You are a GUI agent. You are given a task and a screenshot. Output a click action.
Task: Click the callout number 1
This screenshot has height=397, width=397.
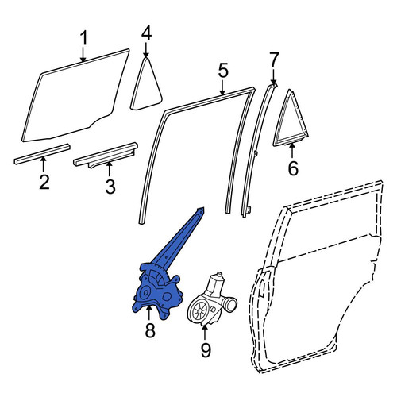(x=83, y=38)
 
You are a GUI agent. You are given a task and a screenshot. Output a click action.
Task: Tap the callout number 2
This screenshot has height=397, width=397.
(x=44, y=182)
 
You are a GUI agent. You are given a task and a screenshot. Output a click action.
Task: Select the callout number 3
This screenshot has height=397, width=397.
(x=110, y=187)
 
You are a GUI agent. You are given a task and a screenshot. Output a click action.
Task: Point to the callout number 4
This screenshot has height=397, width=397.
(x=146, y=33)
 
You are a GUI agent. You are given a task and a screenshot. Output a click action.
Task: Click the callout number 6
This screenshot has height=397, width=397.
(x=293, y=168)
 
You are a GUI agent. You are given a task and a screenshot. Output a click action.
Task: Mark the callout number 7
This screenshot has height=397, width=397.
(x=274, y=60)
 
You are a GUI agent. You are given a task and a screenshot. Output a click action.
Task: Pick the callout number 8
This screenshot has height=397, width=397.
(x=150, y=330)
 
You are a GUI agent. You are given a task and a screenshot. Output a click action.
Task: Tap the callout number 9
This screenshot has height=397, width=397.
(x=206, y=350)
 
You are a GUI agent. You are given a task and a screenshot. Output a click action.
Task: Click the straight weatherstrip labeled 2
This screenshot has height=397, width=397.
(x=42, y=154)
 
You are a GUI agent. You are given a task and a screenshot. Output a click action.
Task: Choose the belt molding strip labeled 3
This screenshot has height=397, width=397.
(x=106, y=155)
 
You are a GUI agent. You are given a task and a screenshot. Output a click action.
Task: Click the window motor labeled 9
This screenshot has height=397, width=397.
(x=212, y=300)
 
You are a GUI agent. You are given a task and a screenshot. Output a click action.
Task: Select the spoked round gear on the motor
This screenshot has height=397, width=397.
(x=199, y=310)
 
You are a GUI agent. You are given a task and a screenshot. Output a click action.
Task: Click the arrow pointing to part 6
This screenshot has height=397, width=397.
(x=292, y=151)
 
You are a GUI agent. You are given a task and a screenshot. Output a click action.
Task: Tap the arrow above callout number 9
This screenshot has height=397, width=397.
(x=204, y=333)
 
